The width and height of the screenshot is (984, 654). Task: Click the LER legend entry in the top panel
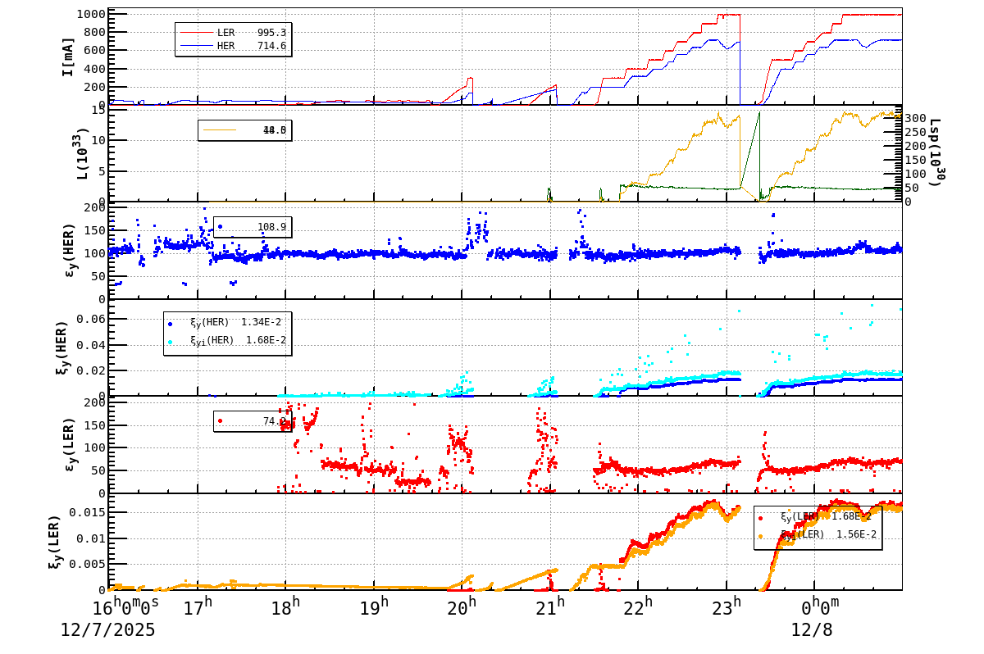[x=233, y=32]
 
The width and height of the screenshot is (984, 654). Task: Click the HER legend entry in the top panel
[x=233, y=46]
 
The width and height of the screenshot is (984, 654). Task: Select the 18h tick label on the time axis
[x=285, y=608]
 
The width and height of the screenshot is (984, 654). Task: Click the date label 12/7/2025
[x=107, y=630]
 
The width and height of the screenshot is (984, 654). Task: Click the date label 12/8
[x=811, y=630]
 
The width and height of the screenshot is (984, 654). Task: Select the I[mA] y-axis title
[x=68, y=57]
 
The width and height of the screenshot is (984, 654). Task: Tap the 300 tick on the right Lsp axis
[x=916, y=119]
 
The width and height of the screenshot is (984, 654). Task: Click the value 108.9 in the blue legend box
[x=271, y=226]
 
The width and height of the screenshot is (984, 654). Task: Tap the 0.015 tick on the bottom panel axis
[x=85, y=512]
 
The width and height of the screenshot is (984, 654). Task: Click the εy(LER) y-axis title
[x=68, y=444]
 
